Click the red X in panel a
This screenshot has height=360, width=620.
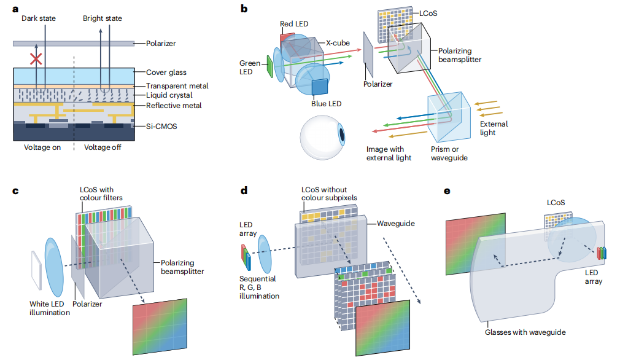pos(37,59)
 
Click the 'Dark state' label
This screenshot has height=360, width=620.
pos(39,18)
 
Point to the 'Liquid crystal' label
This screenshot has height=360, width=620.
pos(169,95)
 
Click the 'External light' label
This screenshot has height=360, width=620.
pos(494,128)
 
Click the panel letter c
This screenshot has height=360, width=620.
pos(16,190)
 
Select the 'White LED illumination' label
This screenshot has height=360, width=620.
pos(50,308)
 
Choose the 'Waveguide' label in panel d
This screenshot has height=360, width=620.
pos(397,224)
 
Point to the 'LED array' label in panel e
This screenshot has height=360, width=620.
pos(593,277)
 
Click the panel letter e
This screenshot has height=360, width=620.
pos(447,191)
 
